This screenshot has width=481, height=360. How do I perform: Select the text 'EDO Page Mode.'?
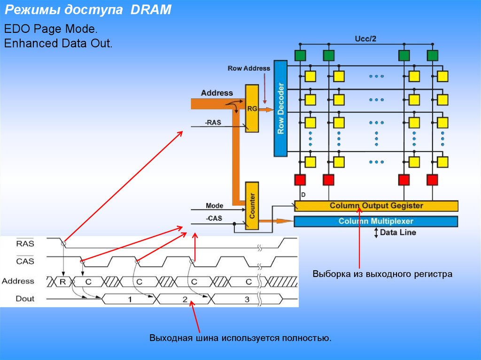51,29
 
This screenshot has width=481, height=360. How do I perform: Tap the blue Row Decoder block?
280,108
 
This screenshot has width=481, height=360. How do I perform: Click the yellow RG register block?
252,108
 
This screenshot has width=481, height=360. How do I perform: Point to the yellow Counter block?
252,206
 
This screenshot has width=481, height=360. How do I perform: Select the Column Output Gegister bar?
376,206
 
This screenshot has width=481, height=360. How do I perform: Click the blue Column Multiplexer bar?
376,221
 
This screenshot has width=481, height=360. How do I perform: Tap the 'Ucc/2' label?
365,39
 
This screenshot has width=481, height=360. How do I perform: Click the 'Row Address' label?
249,68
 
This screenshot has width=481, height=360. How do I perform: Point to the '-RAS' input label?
213,122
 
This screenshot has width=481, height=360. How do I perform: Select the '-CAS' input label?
214,218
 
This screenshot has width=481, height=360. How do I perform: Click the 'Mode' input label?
214,206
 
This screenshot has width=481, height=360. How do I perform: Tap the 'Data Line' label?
398,232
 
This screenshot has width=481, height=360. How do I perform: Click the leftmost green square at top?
300,55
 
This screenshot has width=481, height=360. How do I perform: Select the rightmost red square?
433,179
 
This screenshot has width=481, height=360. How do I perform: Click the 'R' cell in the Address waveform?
62,281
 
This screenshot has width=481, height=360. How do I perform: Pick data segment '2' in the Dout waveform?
185,299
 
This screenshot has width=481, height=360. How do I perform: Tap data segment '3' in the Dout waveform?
247,299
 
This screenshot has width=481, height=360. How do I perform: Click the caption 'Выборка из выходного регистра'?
382,274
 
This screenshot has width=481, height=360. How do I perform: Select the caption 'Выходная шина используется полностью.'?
240,338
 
